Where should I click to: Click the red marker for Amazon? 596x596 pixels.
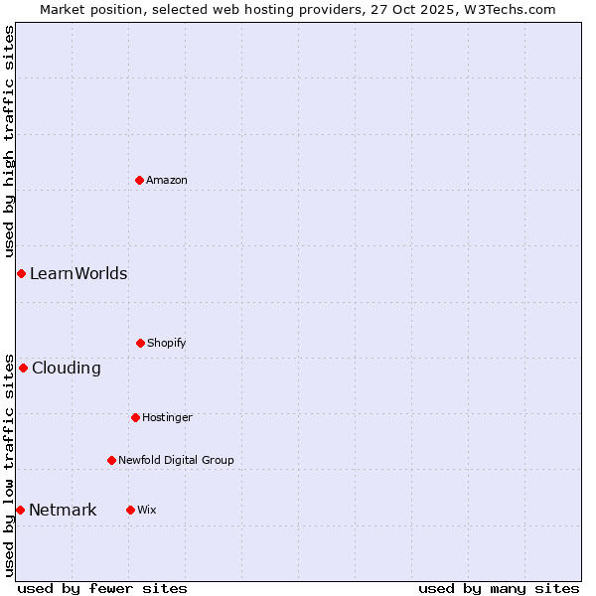coord(139,180)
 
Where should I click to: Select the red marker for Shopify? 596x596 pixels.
coord(140,343)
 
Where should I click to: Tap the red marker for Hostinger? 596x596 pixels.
coord(135,417)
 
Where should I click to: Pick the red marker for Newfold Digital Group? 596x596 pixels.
coord(111,460)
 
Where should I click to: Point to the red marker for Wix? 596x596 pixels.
coord(130,510)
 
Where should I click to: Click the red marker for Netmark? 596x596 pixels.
coord(20,510)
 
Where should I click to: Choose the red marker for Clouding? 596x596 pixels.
coord(23,368)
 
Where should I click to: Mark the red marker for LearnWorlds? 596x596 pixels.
coord(21,273)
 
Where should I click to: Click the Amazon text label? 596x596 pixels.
coord(167,180)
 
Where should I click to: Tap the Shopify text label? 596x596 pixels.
coord(167,343)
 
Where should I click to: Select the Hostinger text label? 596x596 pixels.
coord(167,417)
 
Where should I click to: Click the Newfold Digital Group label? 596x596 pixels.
coord(176,460)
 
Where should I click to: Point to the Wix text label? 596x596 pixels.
coord(147,510)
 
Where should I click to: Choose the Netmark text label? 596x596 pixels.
coord(63,510)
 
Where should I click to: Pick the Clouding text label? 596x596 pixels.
coord(67,368)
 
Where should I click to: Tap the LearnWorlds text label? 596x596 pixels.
coord(78,273)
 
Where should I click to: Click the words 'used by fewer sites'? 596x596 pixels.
coord(102,588)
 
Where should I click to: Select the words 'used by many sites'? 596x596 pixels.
coord(499,588)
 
